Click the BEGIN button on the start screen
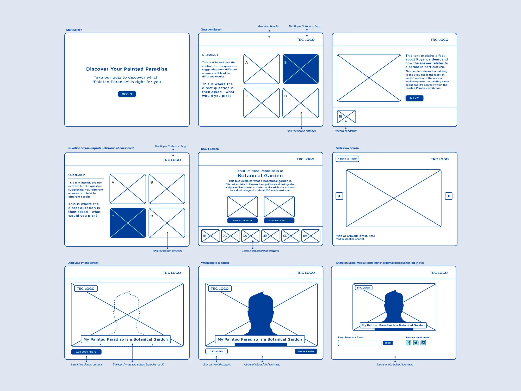pyautogui.click(x=127, y=94)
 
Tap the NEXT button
pyautogui.click(x=414, y=98)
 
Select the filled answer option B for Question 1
pyautogui.click(x=301, y=69)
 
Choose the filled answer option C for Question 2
pyautogui.click(x=128, y=223)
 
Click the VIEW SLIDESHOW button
pyautogui.click(x=242, y=221)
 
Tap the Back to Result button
pyautogui.click(x=347, y=159)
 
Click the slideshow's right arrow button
pyautogui.click(x=449, y=196)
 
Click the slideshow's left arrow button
pyautogui.click(x=339, y=196)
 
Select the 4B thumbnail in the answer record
pyautogui.click(x=271, y=236)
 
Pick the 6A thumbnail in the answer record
pyautogui.click(x=311, y=236)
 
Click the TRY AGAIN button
pyautogui.click(x=216, y=351)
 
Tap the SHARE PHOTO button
pyautogui.click(x=306, y=351)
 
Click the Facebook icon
pyautogui.click(x=408, y=343)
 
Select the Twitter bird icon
pyautogui.click(x=416, y=343)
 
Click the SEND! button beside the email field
pyautogui.click(x=388, y=343)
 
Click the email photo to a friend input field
pyautogui.click(x=359, y=343)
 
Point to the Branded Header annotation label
pyautogui.click(x=268, y=26)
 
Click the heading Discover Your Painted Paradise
pyautogui.click(x=127, y=69)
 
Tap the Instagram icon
pyautogui.click(x=423, y=343)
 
